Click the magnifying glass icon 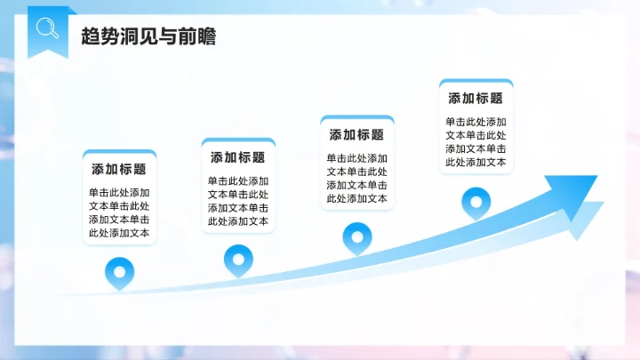pyautogui.click(x=46, y=28)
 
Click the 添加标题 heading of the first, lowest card pyautogui.click(x=119, y=169)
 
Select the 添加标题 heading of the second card pyautogui.click(x=238, y=157)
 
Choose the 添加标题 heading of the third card pyautogui.click(x=356, y=135)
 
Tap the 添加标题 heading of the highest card pyautogui.click(x=476, y=99)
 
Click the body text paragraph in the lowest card pyautogui.click(x=119, y=212)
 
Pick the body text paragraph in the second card pyautogui.click(x=238, y=201)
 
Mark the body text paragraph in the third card pyautogui.click(x=356, y=178)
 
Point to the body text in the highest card pyautogui.click(x=476, y=142)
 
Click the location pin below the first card pyautogui.click(x=118, y=272)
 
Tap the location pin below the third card pyautogui.click(x=356, y=237)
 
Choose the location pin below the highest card pyautogui.click(x=476, y=202)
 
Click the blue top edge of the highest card pyautogui.click(x=476, y=82)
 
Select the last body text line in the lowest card pyautogui.click(x=119, y=234)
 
